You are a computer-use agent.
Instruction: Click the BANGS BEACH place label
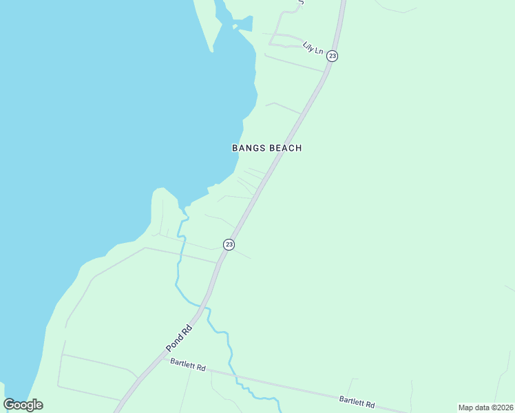pos(266,148)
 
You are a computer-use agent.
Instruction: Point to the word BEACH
pos(285,148)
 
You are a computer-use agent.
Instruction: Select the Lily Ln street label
pos(313,48)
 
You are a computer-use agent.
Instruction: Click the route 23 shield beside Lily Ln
pos(332,56)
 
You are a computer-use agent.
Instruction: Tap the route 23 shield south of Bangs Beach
pos(229,244)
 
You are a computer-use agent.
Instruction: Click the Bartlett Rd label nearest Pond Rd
pos(187,368)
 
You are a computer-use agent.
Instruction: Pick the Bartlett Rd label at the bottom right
pos(357,401)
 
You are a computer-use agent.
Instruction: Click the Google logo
pos(23,405)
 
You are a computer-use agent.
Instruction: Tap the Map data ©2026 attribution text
pos(485,407)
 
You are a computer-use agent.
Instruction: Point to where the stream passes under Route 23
pos(204,306)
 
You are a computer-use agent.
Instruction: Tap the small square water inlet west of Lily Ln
pos(235,27)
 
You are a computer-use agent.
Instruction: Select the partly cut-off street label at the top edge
pos(300,2)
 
